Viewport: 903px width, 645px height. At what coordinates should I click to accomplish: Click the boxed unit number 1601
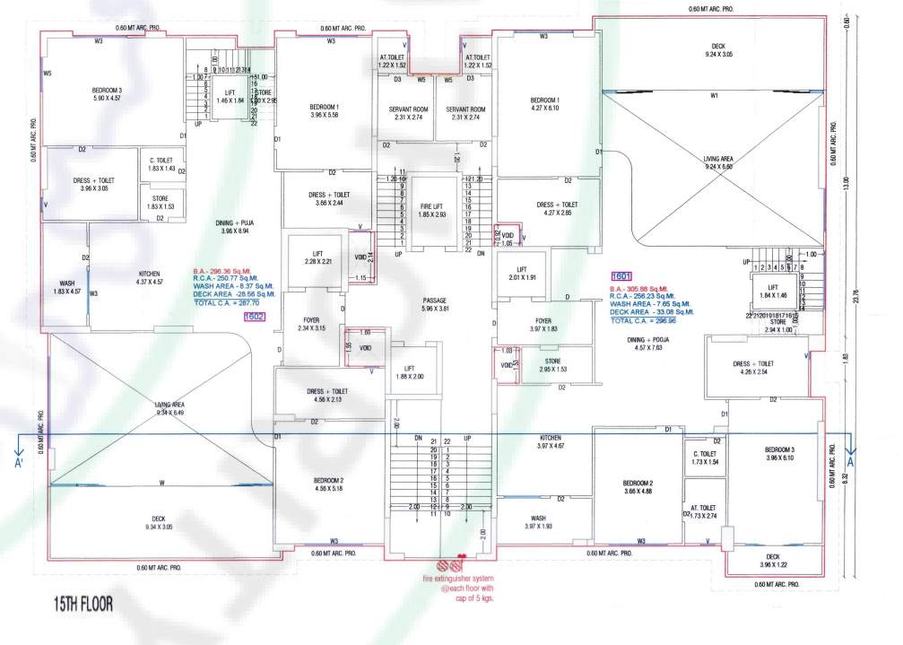pyautogui.click(x=622, y=275)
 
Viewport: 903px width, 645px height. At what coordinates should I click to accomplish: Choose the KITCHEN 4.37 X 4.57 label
pyautogui.click(x=149, y=278)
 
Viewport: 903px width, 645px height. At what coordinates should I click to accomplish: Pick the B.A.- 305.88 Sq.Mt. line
pyautogui.click(x=648, y=285)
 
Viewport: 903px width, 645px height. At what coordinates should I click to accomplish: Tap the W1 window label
pyautogui.click(x=714, y=95)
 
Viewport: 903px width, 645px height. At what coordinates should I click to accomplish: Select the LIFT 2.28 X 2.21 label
pyautogui.click(x=317, y=257)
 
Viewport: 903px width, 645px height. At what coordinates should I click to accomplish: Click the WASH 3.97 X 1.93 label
pyautogui.click(x=538, y=522)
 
